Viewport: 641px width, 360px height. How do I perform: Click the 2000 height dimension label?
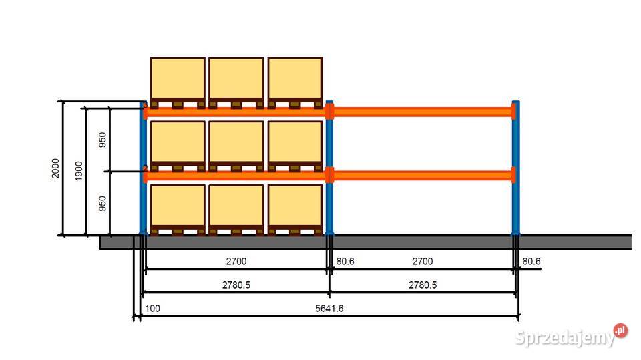tap(55, 168)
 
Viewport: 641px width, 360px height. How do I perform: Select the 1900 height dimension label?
tap(79, 170)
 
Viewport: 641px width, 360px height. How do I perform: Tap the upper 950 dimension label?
tap(102, 140)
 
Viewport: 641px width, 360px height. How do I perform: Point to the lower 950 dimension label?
tap(102, 203)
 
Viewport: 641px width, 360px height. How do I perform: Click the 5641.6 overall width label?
tap(329, 309)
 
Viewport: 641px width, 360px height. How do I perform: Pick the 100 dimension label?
tap(152, 309)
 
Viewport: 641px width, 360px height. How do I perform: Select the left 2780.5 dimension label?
tap(236, 285)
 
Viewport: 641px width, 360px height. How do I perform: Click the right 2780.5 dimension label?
tap(423, 285)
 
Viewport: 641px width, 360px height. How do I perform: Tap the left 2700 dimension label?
tap(236, 261)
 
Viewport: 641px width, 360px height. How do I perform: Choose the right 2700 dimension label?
tap(423, 261)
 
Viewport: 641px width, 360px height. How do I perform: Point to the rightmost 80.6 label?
tap(531, 261)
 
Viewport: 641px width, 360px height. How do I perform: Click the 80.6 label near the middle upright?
tap(345, 261)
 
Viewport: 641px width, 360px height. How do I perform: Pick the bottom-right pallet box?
tap(295, 210)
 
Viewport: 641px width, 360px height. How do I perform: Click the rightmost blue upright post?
tap(516, 168)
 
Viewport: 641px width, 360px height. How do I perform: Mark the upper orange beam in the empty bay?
tap(423, 112)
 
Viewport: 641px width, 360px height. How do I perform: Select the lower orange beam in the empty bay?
tap(423, 176)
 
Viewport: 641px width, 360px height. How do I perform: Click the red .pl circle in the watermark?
tap(620, 331)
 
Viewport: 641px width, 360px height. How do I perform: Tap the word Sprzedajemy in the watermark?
tap(565, 338)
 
